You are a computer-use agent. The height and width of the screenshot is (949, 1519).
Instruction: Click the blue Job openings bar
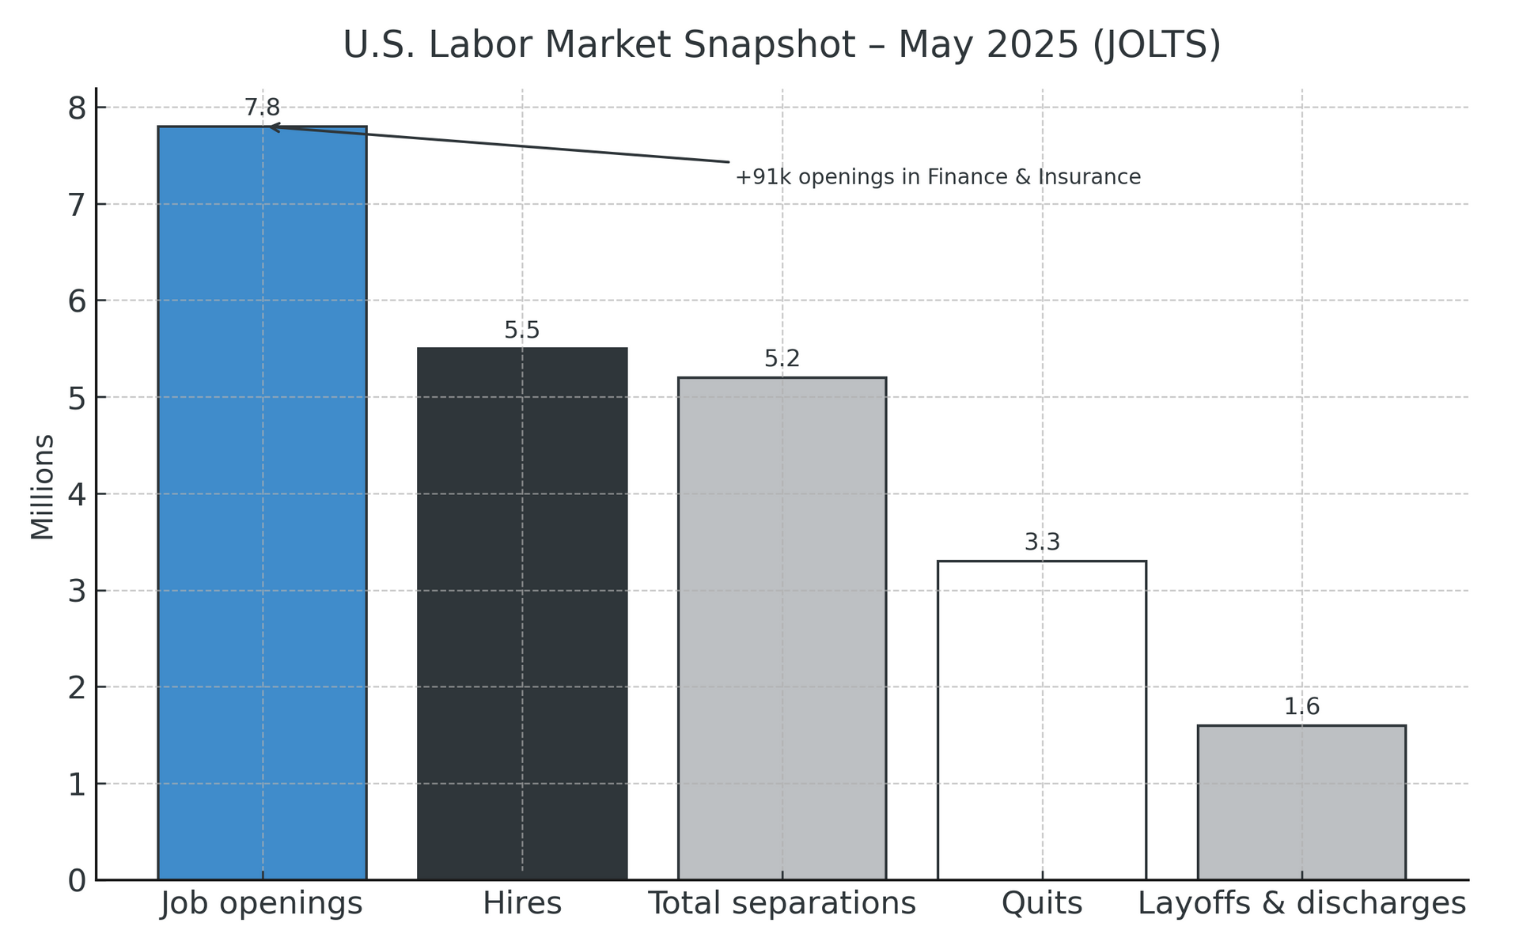pos(262,503)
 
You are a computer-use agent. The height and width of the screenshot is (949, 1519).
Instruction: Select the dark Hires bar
pos(522,614)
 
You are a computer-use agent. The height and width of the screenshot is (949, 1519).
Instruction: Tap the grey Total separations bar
pos(782,629)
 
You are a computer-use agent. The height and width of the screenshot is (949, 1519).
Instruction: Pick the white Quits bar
pos(1042,720)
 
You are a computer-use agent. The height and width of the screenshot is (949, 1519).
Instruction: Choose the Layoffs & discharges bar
pos(1301,803)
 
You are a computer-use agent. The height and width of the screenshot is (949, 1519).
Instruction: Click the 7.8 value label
pos(262,108)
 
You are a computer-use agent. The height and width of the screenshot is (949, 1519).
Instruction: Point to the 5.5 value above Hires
pos(522,331)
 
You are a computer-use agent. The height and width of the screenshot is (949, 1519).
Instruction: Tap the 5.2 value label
pos(782,360)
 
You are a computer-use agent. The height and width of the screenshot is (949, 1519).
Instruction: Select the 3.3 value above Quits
pos(1042,543)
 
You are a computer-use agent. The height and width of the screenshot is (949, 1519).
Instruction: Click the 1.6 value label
pos(1301,707)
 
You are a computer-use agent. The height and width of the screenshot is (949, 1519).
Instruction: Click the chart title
pos(782,45)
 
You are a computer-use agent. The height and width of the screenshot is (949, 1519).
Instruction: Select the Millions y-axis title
pos(43,487)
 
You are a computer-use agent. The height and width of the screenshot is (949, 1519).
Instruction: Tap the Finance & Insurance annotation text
pos(938,177)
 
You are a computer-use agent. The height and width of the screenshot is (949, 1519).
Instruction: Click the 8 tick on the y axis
pos(78,108)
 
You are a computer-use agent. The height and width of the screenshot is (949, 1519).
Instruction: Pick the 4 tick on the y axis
pos(78,494)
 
